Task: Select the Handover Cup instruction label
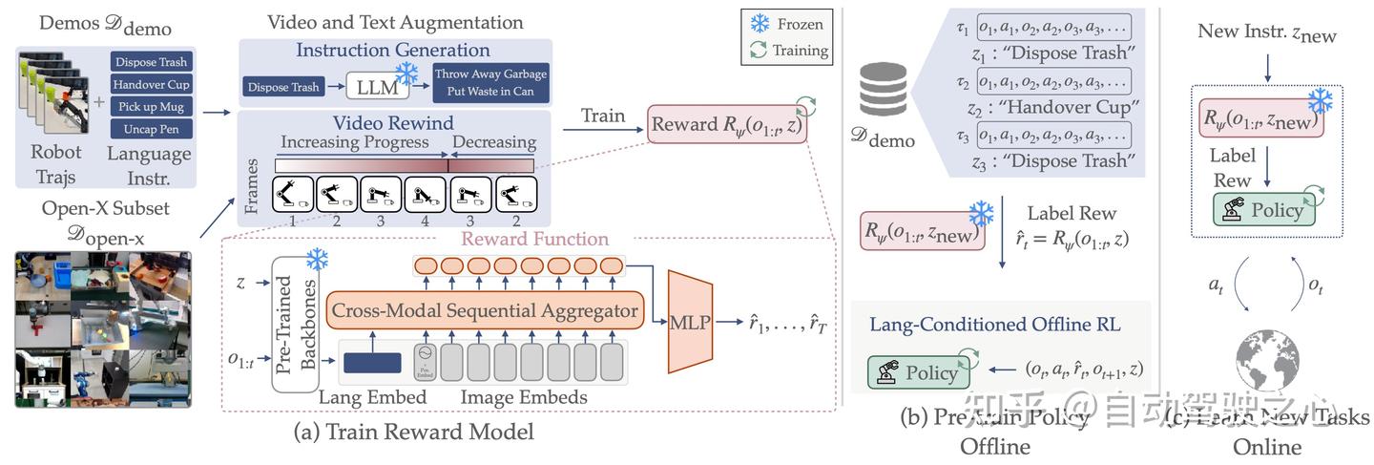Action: pyautogui.click(x=151, y=84)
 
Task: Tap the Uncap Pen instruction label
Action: pyautogui.click(x=151, y=129)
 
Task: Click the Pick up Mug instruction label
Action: pyautogui.click(x=151, y=106)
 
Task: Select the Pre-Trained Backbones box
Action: pyautogui.click(x=294, y=325)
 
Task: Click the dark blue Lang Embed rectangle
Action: pyautogui.click(x=371, y=363)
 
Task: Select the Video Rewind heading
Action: pyautogui.click(x=393, y=123)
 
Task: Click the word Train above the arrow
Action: pyautogui.click(x=604, y=116)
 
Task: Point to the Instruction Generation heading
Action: pyautogui.click(x=393, y=51)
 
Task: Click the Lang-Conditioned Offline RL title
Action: pyautogui.click(x=994, y=325)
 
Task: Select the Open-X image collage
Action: pyautogui.click(x=103, y=328)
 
